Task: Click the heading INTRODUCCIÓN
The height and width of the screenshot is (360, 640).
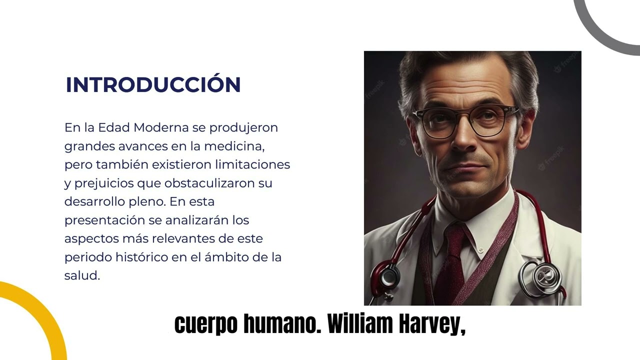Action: pos(153,85)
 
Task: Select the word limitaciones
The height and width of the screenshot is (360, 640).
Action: pos(252,164)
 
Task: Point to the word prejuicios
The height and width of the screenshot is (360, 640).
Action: pos(103,183)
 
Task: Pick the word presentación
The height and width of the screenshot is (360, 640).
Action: pos(104,220)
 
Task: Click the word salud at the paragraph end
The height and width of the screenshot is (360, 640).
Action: pos(82,275)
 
